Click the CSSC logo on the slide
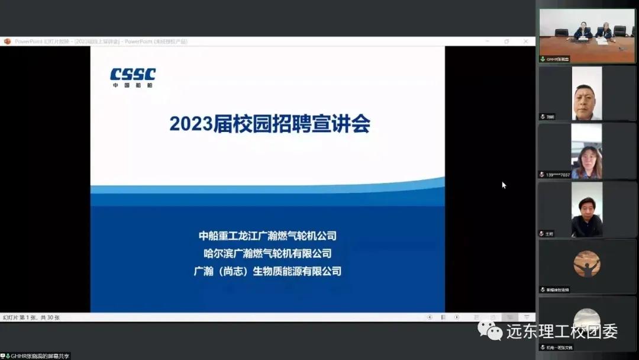click(x=133, y=77)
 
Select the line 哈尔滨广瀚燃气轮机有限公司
click(x=267, y=253)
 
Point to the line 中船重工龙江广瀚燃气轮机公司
click(x=267, y=236)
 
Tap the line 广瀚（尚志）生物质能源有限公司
click(x=267, y=271)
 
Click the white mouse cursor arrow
click(x=504, y=185)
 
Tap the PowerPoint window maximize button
click(x=506, y=41)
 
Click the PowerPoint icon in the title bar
click(x=7, y=41)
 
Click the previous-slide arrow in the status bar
click(x=430, y=317)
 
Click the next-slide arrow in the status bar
click(x=456, y=317)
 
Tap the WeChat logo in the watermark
click(x=490, y=330)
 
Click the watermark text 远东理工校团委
click(x=561, y=331)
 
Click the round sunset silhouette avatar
click(x=587, y=264)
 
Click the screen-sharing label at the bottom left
click(x=37, y=356)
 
